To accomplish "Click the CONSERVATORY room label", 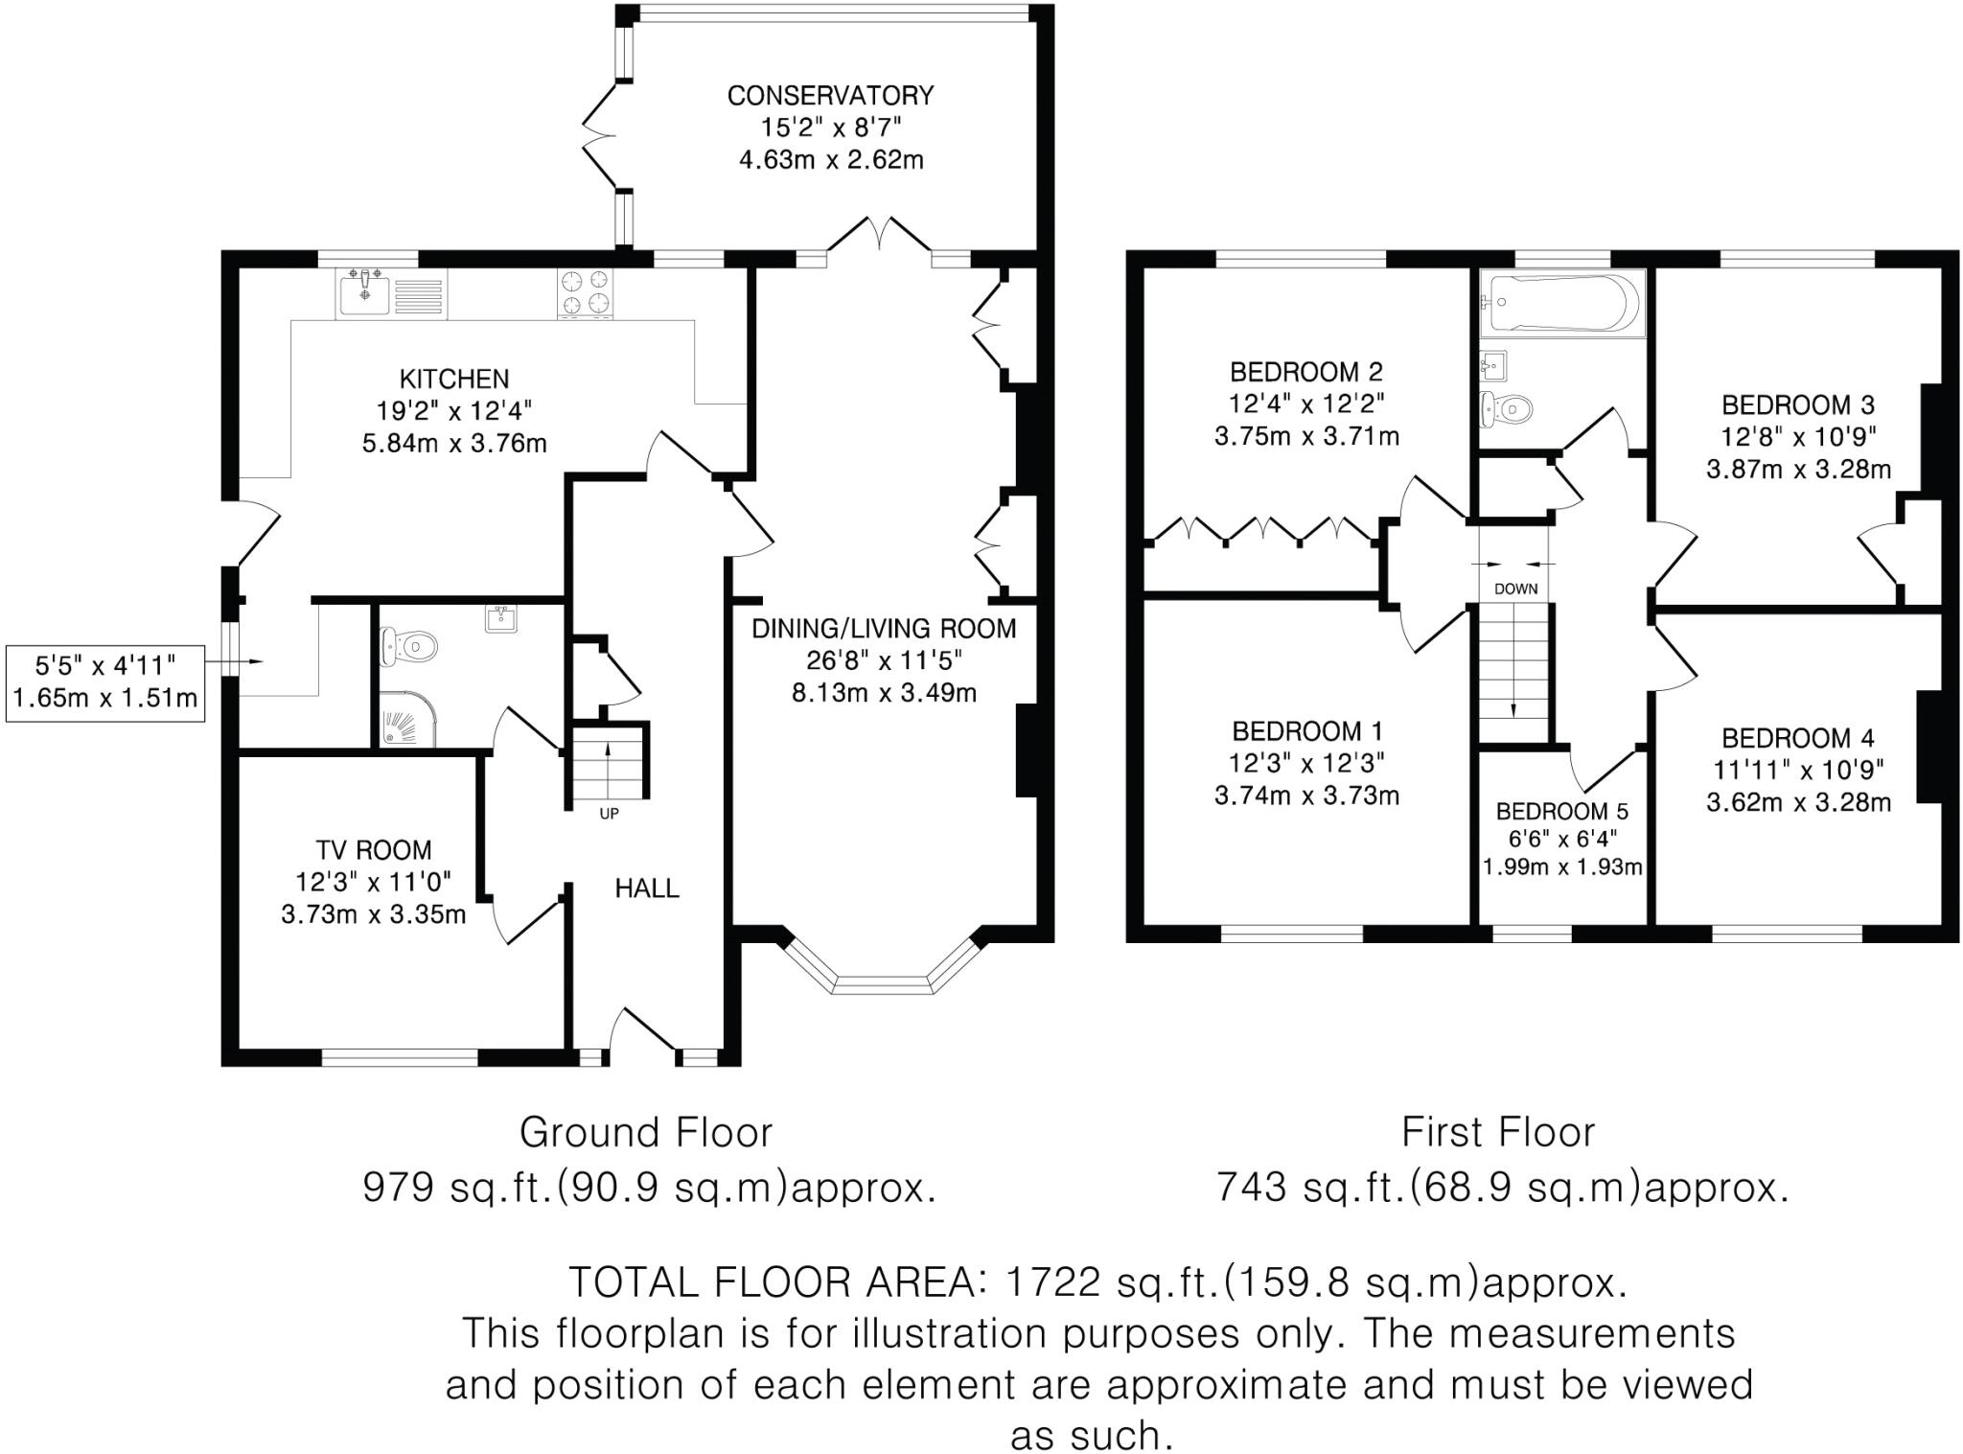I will [x=830, y=96].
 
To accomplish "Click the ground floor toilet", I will [x=408, y=647].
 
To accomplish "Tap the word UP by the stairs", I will [x=609, y=814].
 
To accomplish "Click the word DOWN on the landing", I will [x=1515, y=589].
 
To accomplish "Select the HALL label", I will [x=647, y=889].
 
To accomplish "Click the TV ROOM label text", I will [x=374, y=850].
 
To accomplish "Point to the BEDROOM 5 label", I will [x=1561, y=812].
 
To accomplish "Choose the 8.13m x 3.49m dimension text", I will [x=884, y=692].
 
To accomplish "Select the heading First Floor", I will [x=1498, y=1132].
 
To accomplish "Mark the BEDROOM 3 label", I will [x=1798, y=404].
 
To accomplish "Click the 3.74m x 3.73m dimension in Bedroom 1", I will [x=1307, y=796].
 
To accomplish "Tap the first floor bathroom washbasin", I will [x=1493, y=365].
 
